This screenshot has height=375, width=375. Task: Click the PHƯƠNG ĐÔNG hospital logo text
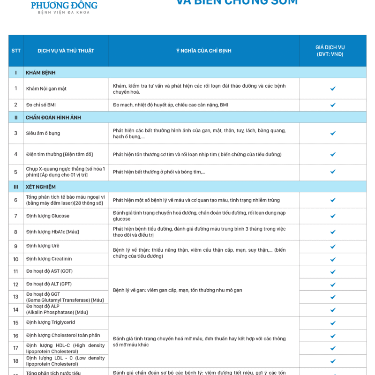[64, 6]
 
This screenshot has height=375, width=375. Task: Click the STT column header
[16, 51]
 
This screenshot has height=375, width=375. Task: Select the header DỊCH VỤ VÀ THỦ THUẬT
[66, 51]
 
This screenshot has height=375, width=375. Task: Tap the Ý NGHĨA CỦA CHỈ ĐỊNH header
[204, 51]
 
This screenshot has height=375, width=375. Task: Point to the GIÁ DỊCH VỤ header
[333, 51]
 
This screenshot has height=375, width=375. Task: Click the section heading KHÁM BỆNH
[41, 73]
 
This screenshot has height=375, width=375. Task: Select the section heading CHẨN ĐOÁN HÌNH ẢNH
[53, 117]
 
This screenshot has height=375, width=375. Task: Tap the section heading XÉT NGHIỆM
[41, 187]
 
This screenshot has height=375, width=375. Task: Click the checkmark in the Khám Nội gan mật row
[333, 89]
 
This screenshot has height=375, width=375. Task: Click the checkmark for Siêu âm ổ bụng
[333, 134]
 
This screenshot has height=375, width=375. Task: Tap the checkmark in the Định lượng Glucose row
[333, 216]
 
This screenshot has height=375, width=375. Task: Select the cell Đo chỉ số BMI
[41, 105]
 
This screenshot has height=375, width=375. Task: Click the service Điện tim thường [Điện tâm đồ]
[60, 154]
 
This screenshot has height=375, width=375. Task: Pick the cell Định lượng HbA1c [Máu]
[52, 232]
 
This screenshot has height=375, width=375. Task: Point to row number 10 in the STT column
[16, 259]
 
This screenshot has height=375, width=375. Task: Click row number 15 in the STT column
[16, 323]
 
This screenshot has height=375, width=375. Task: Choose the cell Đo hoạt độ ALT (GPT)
[49, 284]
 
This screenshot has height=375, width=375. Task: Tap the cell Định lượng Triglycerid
[51, 322]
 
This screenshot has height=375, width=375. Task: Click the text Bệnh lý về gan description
[178, 290]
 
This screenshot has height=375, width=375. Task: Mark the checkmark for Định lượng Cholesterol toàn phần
[333, 336]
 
